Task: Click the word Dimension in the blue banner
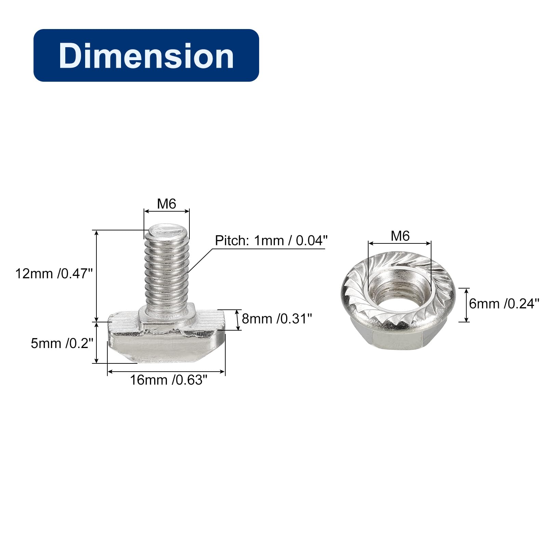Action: (146, 56)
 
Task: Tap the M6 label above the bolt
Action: (166, 204)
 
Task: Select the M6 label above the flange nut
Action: (400, 236)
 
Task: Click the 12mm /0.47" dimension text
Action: (54, 274)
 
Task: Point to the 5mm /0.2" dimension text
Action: (62, 343)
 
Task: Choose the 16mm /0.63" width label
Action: (169, 380)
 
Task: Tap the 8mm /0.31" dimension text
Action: (277, 319)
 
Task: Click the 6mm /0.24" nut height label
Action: (504, 304)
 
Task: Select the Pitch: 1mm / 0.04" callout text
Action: (271, 241)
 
